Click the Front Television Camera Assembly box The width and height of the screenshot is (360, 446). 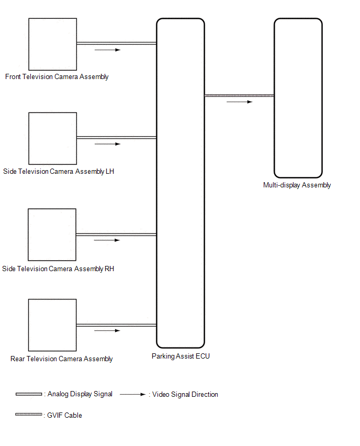(x=52, y=44)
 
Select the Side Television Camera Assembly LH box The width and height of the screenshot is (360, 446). (x=52, y=138)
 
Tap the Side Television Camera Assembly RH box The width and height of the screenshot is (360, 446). (x=52, y=235)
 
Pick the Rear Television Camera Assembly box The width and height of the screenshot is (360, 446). (x=52, y=325)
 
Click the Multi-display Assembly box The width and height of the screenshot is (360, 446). (x=298, y=98)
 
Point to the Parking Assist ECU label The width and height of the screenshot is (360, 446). (x=181, y=356)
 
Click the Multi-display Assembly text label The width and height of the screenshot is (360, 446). (x=297, y=185)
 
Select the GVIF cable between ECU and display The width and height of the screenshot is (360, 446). (x=239, y=95)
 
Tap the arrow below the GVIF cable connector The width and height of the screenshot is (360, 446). (x=239, y=102)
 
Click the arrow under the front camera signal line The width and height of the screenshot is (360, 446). (x=107, y=50)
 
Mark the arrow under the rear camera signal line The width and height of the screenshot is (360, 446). (x=107, y=331)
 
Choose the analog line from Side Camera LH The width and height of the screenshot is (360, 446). (x=116, y=138)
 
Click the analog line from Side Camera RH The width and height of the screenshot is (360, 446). (x=116, y=235)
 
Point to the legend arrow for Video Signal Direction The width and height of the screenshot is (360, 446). (x=132, y=395)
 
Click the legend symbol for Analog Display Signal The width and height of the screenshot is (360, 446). (x=29, y=394)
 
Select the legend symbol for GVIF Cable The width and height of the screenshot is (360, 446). (x=29, y=415)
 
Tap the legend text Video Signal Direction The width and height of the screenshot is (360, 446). (x=185, y=395)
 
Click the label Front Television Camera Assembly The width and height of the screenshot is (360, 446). (x=57, y=77)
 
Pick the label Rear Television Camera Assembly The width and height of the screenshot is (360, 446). (x=62, y=359)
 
